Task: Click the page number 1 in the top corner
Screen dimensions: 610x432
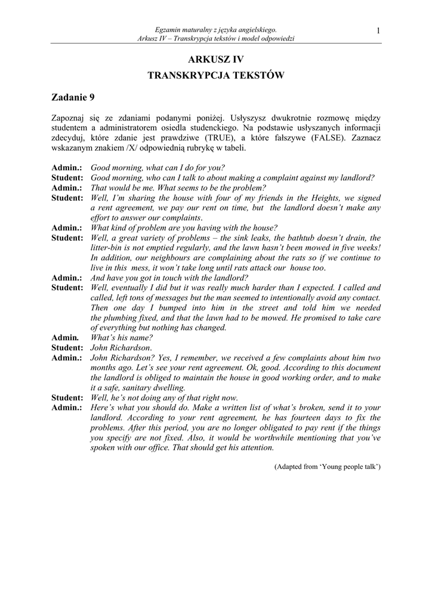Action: tap(379, 31)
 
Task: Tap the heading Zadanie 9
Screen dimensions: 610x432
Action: tap(73, 97)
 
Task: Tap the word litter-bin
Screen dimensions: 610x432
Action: tap(107, 248)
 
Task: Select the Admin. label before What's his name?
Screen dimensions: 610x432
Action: tap(66, 338)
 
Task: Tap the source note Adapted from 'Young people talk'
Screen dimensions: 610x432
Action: tap(327, 467)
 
